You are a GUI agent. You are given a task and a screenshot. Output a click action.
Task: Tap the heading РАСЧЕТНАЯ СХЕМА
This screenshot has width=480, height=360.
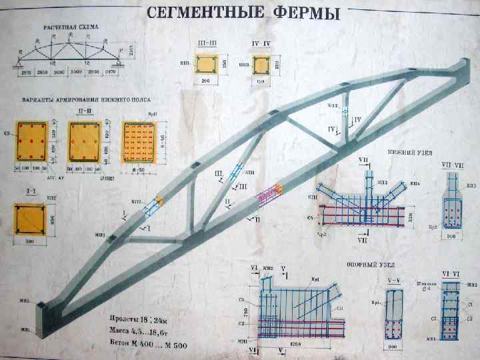[x=71, y=27]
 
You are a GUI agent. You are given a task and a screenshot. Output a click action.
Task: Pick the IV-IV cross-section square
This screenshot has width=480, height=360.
[x=261, y=65]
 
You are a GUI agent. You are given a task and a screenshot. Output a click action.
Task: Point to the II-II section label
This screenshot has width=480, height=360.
[x=85, y=111]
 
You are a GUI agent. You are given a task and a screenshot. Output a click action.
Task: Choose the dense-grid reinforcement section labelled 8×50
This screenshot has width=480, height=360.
[x=137, y=141]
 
